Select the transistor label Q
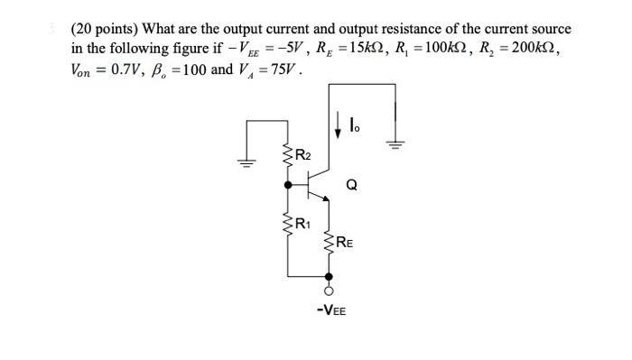(x=351, y=187)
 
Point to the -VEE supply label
(x=330, y=310)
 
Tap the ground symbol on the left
(x=243, y=162)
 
